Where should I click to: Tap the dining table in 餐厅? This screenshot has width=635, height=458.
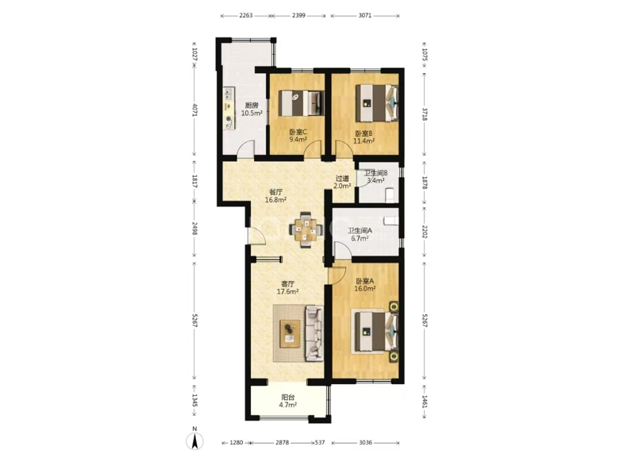(306, 229)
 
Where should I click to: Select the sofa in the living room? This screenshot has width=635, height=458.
(314, 333)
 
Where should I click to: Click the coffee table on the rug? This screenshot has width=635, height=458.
(291, 333)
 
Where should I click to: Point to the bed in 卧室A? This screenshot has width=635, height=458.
(376, 332)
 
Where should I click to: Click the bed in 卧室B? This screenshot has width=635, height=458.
(376, 103)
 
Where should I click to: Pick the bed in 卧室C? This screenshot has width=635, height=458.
(302, 102)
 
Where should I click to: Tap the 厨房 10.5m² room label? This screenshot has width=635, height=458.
(252, 110)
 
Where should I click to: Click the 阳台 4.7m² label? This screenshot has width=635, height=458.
(288, 401)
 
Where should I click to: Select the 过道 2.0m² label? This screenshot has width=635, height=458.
(342, 183)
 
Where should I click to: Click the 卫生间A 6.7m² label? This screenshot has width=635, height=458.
(360, 234)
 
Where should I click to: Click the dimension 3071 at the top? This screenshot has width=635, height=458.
(365, 16)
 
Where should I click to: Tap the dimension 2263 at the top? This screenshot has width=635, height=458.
(246, 16)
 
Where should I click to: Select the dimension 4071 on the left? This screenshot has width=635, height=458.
(194, 110)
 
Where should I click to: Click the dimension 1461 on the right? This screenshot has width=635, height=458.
(425, 402)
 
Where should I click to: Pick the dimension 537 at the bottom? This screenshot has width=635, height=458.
(320, 443)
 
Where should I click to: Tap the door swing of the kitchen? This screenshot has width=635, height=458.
(246, 148)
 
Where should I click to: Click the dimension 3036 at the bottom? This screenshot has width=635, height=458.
(365, 443)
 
